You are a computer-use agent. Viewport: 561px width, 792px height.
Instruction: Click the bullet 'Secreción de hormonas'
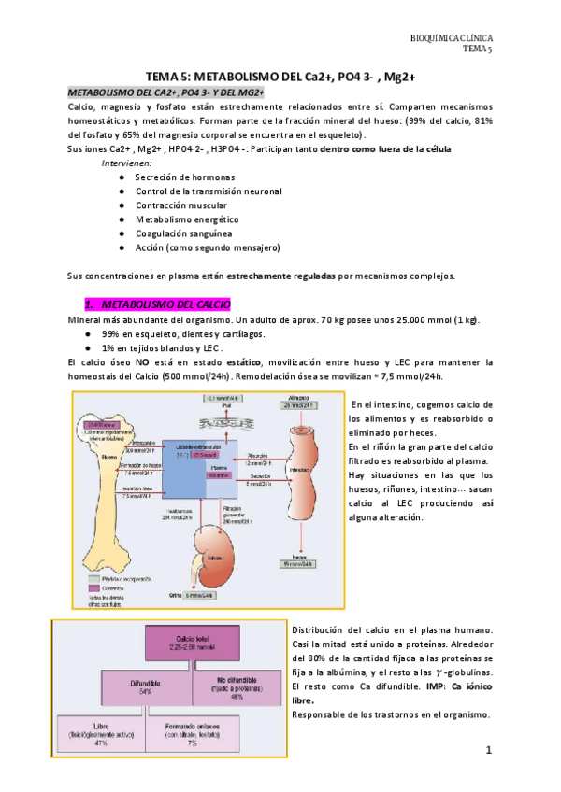(184, 177)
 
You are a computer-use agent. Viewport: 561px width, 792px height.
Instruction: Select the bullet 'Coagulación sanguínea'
(183, 233)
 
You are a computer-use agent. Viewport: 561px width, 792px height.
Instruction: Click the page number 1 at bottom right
(488, 750)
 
